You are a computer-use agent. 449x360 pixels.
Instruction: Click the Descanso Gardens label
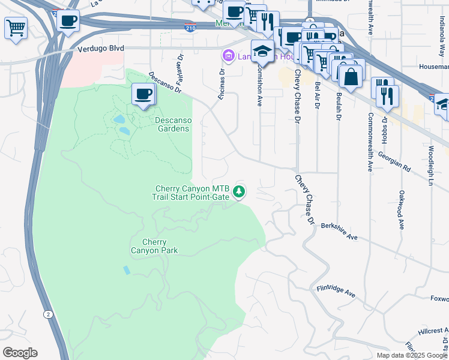click(172, 124)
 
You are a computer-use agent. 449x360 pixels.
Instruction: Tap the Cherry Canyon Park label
click(154, 246)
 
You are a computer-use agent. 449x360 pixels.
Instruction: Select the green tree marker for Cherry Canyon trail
click(240, 191)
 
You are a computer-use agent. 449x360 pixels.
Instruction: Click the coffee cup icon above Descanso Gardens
click(143, 94)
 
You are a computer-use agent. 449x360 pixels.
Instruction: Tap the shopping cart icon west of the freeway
click(16, 28)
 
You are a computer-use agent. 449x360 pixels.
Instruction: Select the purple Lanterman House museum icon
click(228, 56)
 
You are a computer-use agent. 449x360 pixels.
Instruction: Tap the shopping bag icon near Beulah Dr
click(351, 76)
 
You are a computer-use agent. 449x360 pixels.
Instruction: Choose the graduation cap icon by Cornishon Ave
click(262, 52)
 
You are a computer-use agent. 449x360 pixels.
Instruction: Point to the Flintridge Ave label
click(336, 292)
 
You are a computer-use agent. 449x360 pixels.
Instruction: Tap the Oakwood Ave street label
click(401, 210)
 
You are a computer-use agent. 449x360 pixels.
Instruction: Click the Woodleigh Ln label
click(431, 164)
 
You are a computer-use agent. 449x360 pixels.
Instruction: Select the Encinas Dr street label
click(222, 83)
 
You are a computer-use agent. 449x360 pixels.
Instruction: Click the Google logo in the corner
click(20, 353)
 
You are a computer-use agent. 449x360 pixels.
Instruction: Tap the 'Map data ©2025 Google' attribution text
click(412, 355)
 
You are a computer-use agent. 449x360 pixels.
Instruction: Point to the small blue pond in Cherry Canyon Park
click(127, 270)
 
